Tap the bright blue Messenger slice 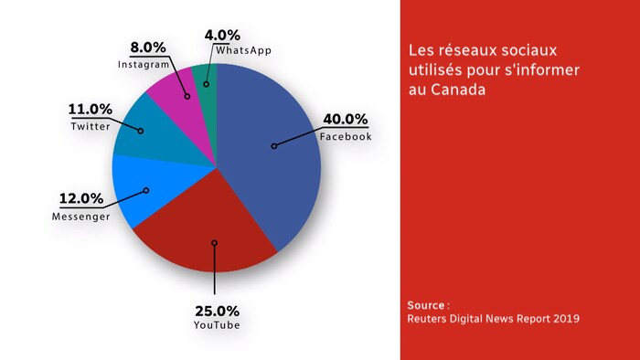(137, 192)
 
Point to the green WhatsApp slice (206, 78)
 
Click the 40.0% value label (346, 120)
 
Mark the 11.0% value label (90, 110)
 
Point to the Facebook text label (346, 137)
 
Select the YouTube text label (217, 325)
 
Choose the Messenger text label (80, 217)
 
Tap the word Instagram (144, 65)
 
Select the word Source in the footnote (427, 303)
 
